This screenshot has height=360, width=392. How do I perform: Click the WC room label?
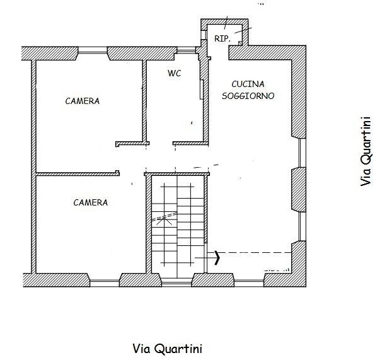coord(174,73)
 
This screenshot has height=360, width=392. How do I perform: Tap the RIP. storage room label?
coord(222,39)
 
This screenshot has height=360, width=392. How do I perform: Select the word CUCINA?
coord(248,84)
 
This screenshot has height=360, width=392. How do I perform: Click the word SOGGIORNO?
coord(248,96)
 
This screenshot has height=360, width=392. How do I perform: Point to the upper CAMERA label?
coord(83,101)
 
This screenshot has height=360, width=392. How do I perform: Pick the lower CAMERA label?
coord(91,202)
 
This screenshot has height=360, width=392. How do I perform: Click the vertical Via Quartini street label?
coord(366,151)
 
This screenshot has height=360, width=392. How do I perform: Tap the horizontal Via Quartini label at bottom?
coord(167,349)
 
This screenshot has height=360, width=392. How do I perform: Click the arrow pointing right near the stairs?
coord(207,257)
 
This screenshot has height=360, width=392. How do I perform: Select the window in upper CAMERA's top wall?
coord(93,52)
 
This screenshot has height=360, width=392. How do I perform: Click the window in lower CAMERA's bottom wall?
coord(105,284)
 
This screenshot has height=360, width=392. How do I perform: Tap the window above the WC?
coord(186,52)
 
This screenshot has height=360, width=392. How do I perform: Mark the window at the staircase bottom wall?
coord(176,284)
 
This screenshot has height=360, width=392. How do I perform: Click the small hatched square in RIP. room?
coord(240,44)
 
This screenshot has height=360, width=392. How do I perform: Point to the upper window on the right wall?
coord(303,153)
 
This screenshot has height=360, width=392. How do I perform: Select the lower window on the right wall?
coord(303,226)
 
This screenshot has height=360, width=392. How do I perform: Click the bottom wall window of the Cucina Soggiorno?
coord(249,284)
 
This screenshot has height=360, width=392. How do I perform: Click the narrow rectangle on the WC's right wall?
coord(201,90)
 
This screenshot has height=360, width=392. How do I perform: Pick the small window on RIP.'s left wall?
coord(204,34)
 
